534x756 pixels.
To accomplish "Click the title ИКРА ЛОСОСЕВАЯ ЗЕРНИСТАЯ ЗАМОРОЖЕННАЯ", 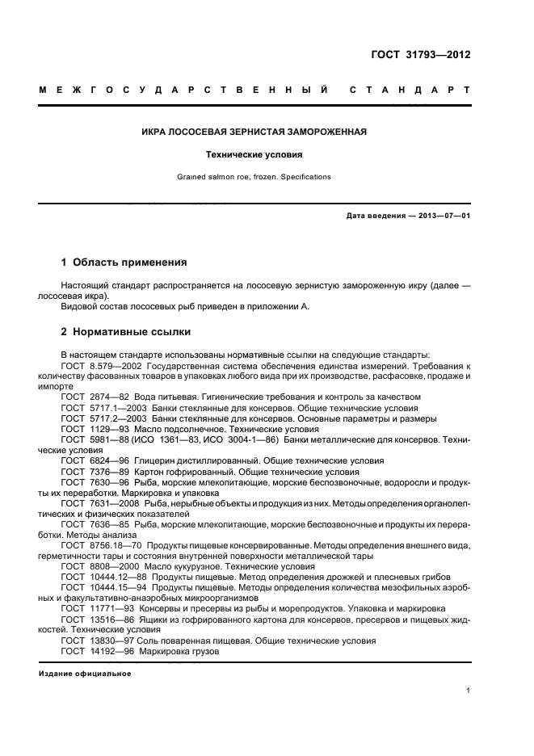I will pos(267,131).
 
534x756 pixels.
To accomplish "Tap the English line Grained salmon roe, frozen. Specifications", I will pos(267,176).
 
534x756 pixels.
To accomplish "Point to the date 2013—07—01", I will pos(443,216).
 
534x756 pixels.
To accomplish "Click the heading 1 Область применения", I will pos(124,262).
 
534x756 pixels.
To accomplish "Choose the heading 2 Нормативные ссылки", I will pos(126,331).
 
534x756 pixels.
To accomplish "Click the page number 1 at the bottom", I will pos(469,691).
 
